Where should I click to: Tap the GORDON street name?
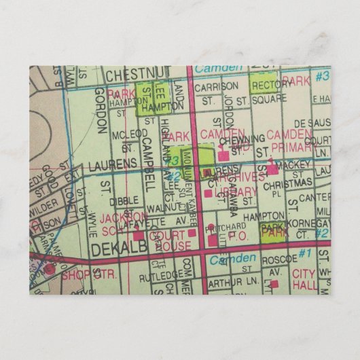point(101,109)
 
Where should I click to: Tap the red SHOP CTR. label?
point(89,275)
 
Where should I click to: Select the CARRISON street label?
point(216,86)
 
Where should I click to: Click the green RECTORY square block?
point(264,84)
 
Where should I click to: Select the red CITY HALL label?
point(305,278)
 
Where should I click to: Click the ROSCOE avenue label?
point(278,258)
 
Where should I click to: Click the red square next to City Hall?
point(274,283)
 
